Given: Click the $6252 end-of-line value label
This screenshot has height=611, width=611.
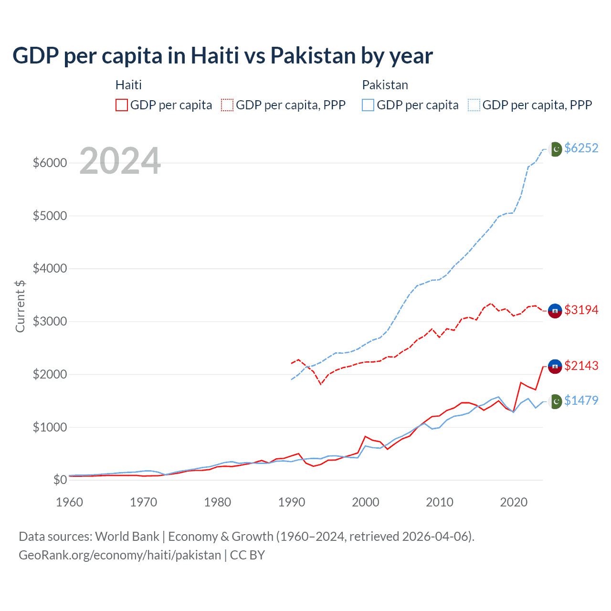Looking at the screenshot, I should (x=581, y=148).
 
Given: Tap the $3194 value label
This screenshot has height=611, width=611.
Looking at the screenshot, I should (x=581, y=310).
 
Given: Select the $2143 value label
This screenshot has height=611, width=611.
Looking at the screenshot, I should (x=581, y=366).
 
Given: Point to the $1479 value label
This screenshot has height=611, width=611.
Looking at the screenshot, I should (x=581, y=401).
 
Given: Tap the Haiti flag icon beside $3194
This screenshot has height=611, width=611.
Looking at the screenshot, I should (x=555, y=311).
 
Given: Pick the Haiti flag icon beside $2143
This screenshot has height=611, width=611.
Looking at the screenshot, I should (x=555, y=366).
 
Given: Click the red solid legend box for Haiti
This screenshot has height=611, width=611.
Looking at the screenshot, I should (x=122, y=105).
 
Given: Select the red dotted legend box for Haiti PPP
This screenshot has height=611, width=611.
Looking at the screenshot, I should (x=228, y=105).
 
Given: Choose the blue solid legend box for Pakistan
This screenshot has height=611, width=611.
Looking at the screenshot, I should (x=368, y=105).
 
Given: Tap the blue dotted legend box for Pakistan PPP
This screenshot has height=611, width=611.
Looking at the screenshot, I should (x=474, y=105).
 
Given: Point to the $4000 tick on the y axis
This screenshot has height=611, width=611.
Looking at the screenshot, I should (x=50, y=269).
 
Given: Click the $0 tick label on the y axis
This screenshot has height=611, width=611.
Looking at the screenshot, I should (x=60, y=480).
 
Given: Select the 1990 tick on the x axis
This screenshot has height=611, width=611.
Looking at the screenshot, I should (x=292, y=502).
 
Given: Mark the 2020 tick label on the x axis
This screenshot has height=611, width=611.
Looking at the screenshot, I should (x=514, y=502).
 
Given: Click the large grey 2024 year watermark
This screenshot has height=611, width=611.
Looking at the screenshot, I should (x=120, y=161).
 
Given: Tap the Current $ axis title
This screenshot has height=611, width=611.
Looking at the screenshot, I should (x=20, y=306).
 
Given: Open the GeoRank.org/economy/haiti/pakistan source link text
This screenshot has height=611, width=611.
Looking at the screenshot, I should (x=120, y=555).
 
